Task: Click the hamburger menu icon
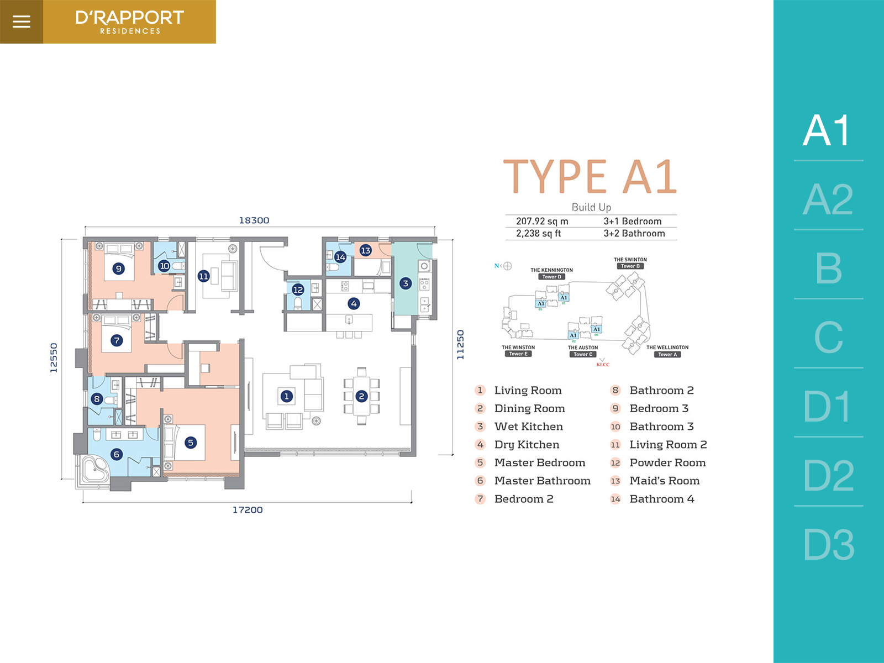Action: coord(22,22)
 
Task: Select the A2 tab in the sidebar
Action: coord(828,199)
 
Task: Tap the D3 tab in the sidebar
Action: coord(828,545)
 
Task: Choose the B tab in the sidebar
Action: coord(828,269)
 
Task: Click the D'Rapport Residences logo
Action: coord(129,22)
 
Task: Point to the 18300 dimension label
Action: coord(254,220)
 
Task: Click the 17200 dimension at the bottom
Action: coord(248,510)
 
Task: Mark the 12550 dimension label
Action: coord(54,357)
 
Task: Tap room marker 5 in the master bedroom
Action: coord(191,442)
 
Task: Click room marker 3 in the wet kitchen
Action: coord(406,283)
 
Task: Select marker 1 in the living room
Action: coord(286,396)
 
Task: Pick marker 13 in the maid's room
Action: coord(365,250)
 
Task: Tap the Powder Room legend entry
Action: coord(667,463)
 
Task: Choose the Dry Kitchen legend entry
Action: coord(527,445)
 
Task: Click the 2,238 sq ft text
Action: coord(538,234)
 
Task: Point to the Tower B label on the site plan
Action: coord(630,266)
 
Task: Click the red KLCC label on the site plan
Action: coord(603,365)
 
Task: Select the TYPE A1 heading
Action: coord(590,177)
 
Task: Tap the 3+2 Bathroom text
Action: coord(634,234)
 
